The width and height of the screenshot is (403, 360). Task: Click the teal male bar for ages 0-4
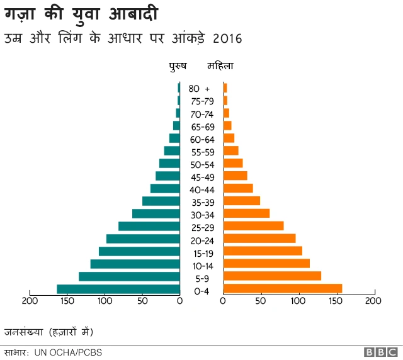coord(118,290)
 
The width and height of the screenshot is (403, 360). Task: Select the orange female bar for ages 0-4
coord(283,289)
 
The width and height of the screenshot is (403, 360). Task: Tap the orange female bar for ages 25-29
coord(254,226)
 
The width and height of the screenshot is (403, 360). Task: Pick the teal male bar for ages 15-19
coord(139,252)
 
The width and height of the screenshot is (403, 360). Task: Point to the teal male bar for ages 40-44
coord(165,189)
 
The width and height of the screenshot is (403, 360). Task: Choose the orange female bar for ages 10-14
coord(266,264)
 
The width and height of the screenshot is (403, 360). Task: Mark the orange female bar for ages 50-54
coord(233,164)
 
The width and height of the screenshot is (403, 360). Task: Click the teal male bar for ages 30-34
coord(156,214)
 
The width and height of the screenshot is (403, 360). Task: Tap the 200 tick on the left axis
coord(30,301)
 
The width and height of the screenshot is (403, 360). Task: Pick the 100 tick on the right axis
coord(298,301)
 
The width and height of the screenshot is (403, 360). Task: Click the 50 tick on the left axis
coord(142,301)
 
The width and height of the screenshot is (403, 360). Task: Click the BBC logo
coord(380,352)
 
